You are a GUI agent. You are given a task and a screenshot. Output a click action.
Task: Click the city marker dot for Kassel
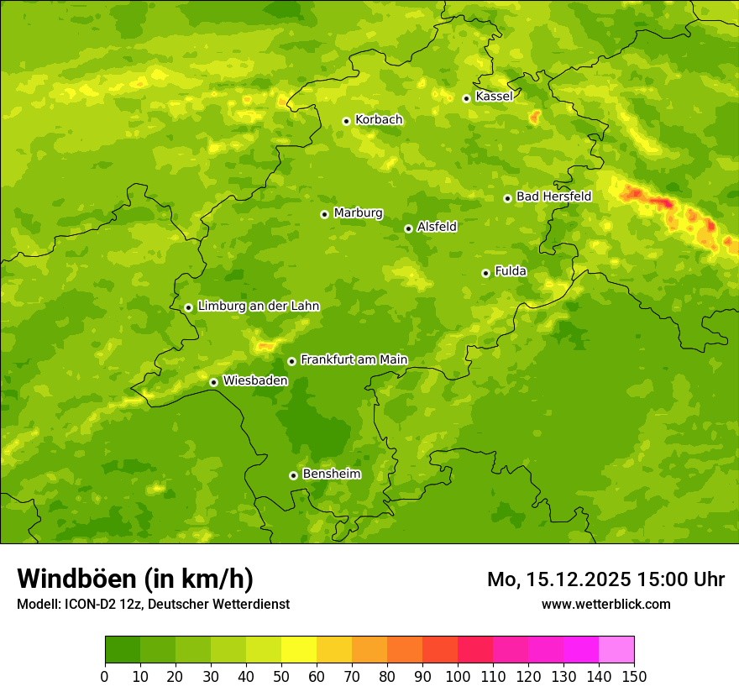click(466, 98)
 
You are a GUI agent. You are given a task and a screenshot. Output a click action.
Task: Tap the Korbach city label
click(379, 119)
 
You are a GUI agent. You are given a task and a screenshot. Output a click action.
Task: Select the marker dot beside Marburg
click(324, 214)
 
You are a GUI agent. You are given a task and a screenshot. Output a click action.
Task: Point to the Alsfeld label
click(437, 227)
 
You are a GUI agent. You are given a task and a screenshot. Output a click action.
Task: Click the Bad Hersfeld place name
click(553, 197)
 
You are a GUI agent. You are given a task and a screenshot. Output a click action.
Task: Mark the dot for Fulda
click(485, 273)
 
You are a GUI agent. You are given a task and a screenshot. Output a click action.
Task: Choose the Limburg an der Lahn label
click(258, 307)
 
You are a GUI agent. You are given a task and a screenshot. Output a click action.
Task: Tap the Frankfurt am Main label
click(354, 359)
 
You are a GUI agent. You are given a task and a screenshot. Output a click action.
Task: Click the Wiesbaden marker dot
click(213, 382)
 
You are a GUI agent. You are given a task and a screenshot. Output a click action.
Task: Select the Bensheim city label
click(331, 474)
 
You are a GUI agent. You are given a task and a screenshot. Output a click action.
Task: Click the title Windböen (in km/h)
click(135, 579)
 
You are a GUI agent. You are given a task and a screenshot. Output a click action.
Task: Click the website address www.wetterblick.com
click(605, 604)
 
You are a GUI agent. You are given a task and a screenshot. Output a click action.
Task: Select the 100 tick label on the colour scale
click(458, 676)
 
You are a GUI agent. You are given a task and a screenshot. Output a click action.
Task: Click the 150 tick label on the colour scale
click(634, 676)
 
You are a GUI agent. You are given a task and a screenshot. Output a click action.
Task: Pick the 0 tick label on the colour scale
click(105, 676)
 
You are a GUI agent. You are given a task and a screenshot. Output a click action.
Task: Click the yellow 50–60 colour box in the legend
click(299, 650)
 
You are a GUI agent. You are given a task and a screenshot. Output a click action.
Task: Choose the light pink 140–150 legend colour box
click(616, 650)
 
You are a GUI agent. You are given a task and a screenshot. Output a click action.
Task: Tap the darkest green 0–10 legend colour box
click(123, 650)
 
